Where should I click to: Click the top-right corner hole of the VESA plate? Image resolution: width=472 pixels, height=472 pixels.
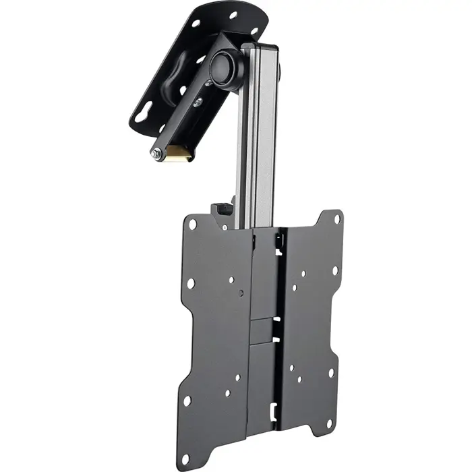(x=337, y=219)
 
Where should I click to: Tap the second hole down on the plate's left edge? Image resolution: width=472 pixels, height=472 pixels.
(x=191, y=283)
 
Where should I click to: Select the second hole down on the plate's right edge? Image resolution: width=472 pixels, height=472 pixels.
(x=334, y=271)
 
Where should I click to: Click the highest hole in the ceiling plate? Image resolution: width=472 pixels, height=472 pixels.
(x=233, y=15)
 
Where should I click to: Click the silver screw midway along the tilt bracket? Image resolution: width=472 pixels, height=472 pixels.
(x=198, y=102)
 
